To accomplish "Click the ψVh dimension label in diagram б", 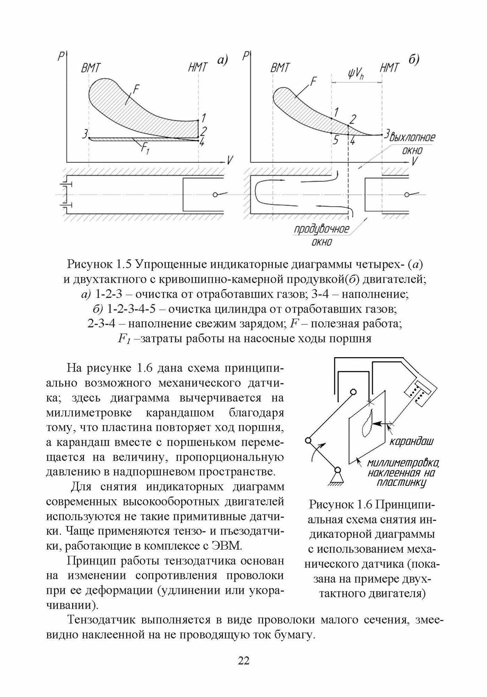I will pos(355,74).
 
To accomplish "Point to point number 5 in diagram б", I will pos(335,140).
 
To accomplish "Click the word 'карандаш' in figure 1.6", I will pos(411,442).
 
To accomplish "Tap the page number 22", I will pos(243,660).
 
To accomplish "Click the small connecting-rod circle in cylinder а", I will pos(215,194).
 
